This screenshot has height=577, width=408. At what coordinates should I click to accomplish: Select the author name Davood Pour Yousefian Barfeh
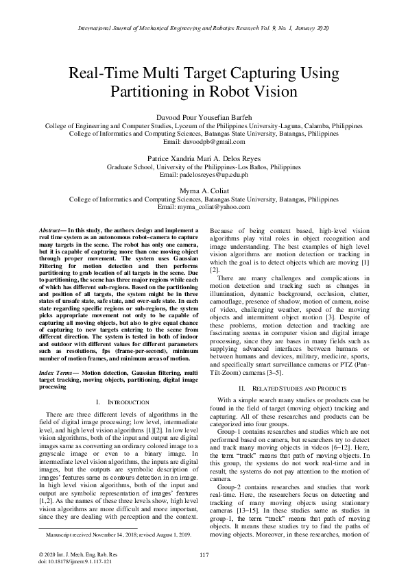[204, 117]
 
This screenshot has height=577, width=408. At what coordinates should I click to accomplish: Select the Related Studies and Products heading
[289, 389]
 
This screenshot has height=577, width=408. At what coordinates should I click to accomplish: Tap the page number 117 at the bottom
[204, 554]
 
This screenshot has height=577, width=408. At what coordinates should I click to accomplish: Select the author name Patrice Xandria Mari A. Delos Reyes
[204, 158]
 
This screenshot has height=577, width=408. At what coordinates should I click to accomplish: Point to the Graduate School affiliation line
[204, 166]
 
